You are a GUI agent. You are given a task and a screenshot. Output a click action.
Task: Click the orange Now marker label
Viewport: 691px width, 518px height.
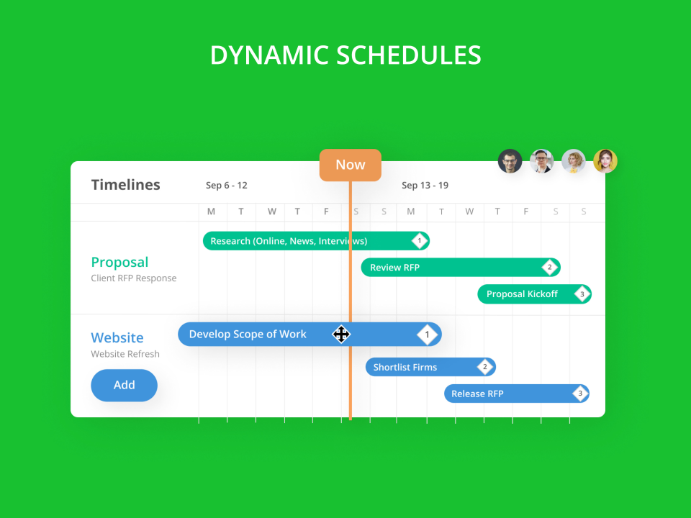(x=351, y=165)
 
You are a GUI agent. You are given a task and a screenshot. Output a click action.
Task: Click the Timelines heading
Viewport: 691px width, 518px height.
(x=126, y=185)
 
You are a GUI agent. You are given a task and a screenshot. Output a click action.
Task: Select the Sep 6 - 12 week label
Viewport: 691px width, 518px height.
(x=227, y=186)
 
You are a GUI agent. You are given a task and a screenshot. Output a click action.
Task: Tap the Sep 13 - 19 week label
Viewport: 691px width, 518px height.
(x=425, y=186)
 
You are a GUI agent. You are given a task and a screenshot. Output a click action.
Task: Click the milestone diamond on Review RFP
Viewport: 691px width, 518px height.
(x=549, y=268)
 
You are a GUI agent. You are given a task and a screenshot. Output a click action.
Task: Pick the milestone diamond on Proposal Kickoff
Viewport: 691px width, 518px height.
(x=582, y=294)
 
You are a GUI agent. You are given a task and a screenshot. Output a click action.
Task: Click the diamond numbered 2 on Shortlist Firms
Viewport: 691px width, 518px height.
(x=484, y=367)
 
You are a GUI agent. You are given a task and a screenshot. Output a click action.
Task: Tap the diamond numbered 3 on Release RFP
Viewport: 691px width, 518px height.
(x=579, y=394)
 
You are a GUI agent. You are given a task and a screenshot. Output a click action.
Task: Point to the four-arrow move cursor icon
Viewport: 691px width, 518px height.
(x=341, y=334)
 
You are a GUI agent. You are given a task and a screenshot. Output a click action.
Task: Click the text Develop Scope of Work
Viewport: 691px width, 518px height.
(x=248, y=335)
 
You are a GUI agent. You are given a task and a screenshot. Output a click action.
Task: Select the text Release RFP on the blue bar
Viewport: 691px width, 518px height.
(x=477, y=394)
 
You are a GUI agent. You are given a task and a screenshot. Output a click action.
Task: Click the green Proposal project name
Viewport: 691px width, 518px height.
(x=119, y=263)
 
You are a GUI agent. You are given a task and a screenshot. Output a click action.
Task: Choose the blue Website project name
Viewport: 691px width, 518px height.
(x=117, y=337)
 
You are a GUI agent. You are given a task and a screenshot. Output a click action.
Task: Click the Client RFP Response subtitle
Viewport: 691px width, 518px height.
(x=134, y=278)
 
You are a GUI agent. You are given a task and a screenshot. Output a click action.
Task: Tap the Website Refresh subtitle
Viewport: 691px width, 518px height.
(x=125, y=354)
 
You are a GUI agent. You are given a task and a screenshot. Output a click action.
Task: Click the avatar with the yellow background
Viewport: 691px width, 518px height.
(x=605, y=161)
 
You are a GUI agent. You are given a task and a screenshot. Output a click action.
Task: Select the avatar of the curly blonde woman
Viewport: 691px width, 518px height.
(x=574, y=161)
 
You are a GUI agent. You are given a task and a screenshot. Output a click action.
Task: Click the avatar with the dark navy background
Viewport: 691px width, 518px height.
(x=510, y=161)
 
